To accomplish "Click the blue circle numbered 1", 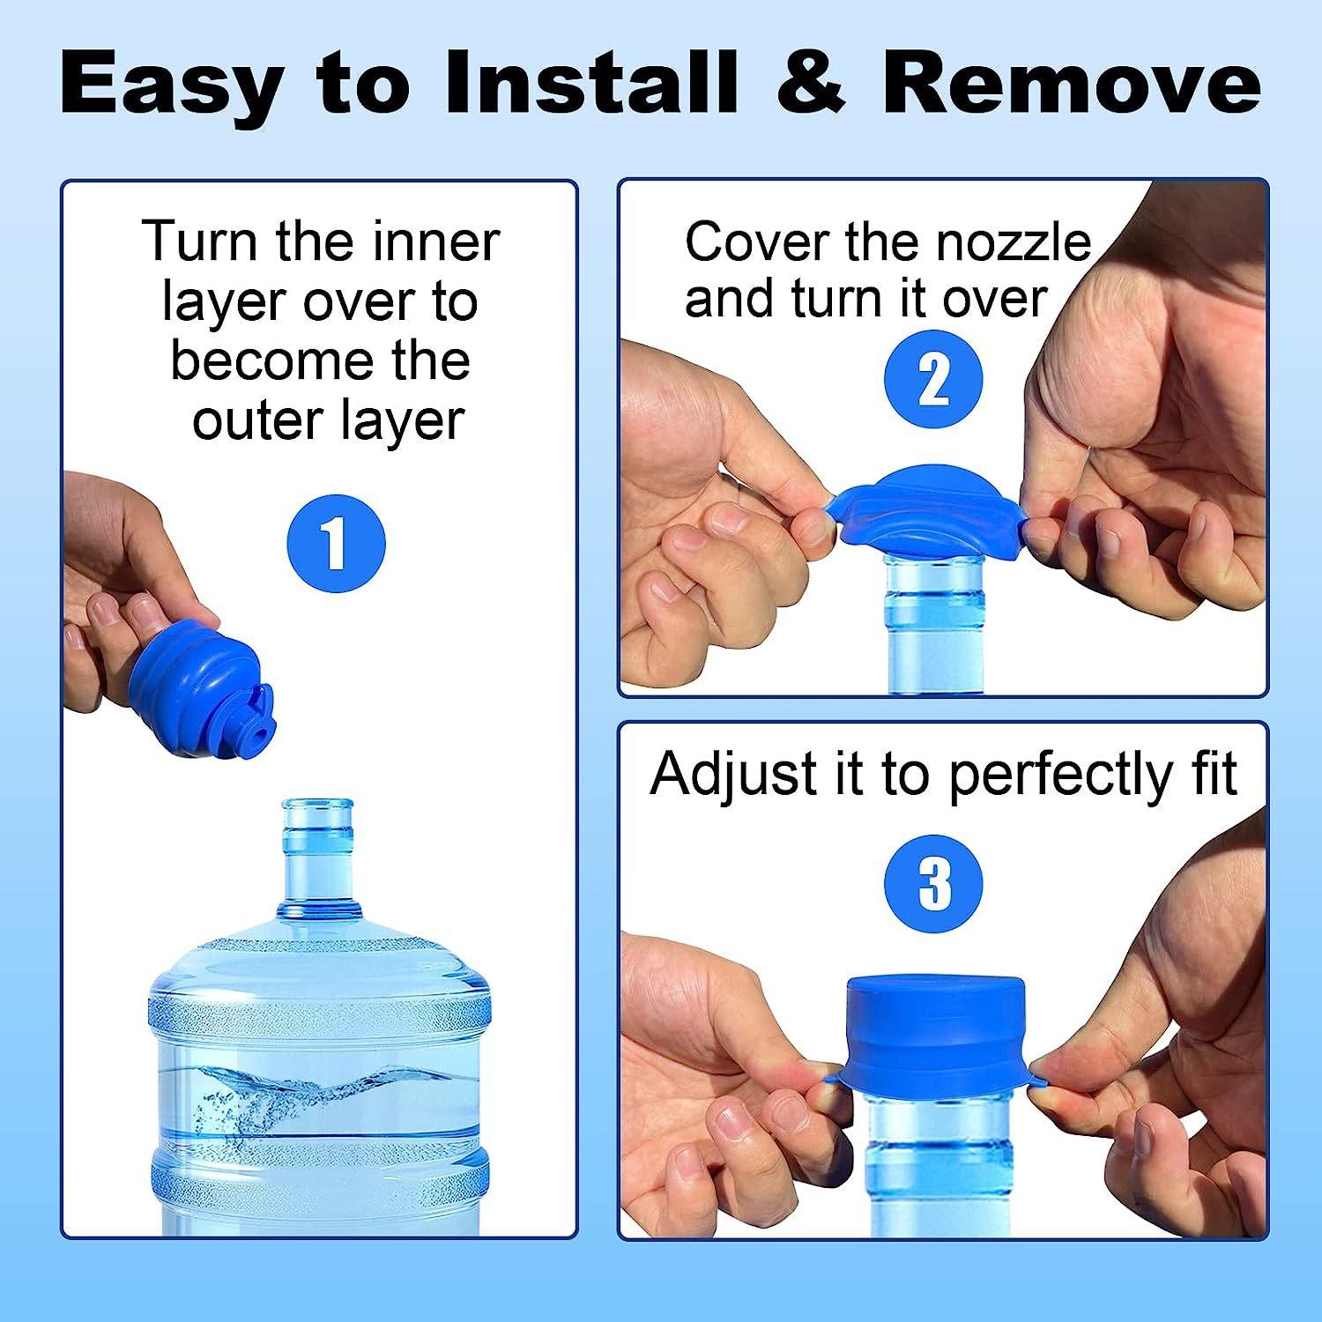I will tap(337, 543).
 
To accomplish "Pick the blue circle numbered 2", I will tap(932, 380).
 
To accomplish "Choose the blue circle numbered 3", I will tap(933, 884).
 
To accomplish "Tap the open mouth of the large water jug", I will tap(317, 806).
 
